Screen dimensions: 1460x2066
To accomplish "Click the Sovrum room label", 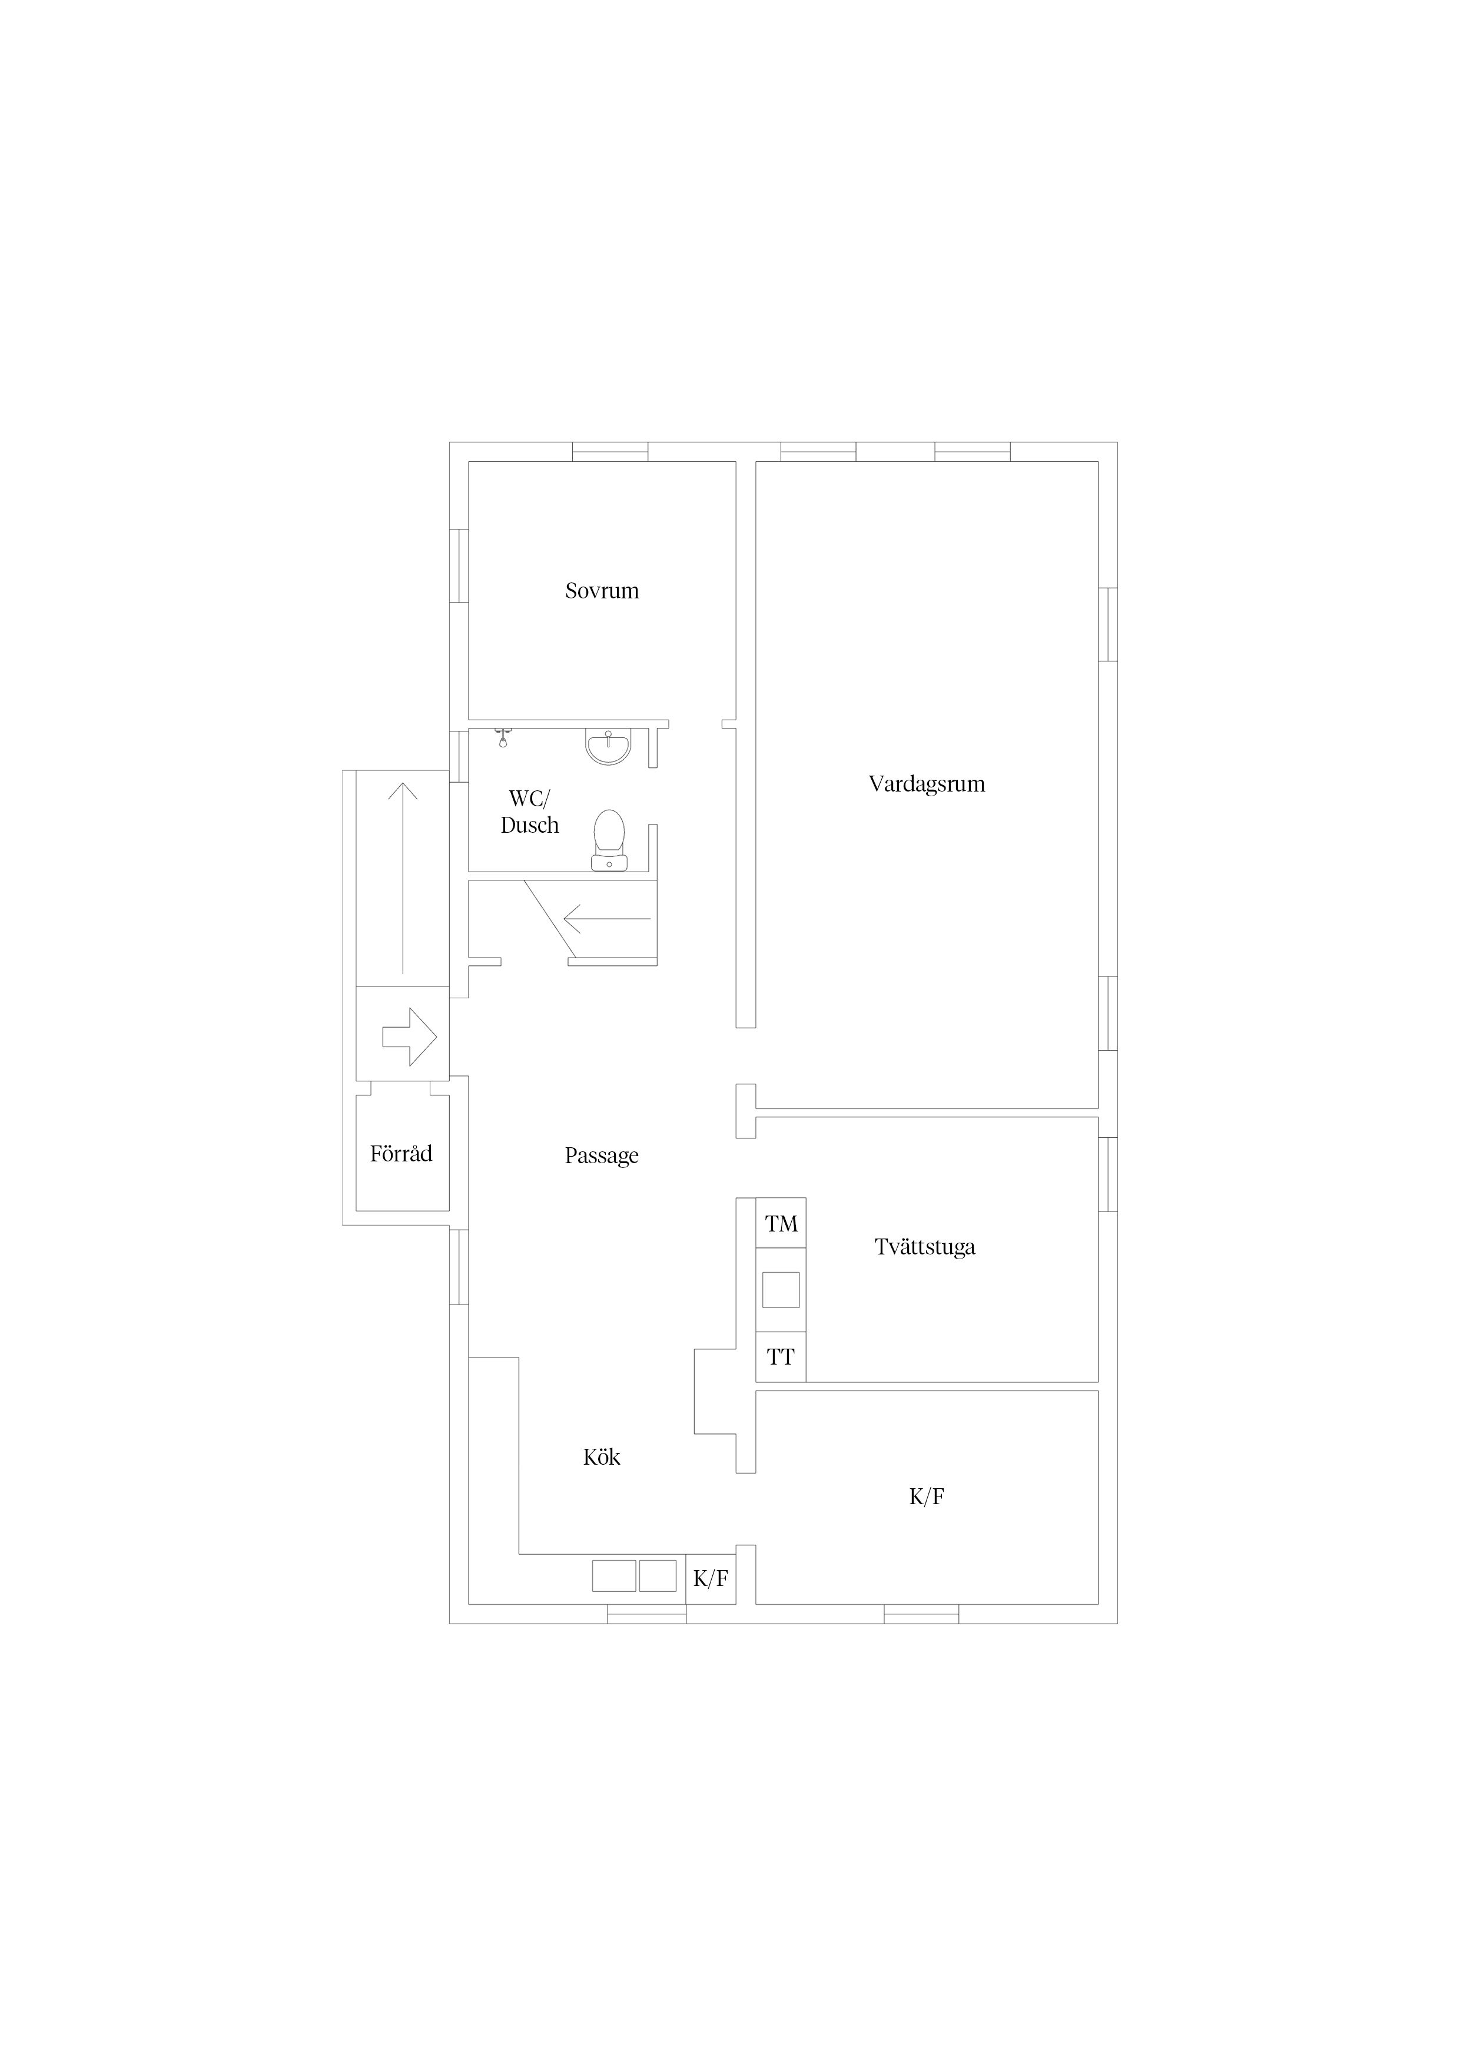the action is click(602, 591).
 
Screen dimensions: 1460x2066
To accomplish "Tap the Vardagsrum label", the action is click(927, 784).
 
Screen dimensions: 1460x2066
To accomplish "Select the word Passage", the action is click(602, 1156).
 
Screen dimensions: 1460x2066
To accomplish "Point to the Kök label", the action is click(602, 1457).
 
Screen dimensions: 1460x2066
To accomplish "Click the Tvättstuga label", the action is click(925, 1247).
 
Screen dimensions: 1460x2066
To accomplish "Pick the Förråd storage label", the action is click(401, 1154).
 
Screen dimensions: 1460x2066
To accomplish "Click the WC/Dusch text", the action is click(530, 812).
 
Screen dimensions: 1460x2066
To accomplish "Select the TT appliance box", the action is click(781, 1356).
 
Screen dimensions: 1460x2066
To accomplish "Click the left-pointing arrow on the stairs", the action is click(607, 919).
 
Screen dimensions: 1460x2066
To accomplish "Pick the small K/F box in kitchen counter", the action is click(711, 1578).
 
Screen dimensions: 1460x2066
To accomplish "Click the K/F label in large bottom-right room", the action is click(927, 1496).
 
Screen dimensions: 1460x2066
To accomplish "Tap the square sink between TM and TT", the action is click(781, 1289).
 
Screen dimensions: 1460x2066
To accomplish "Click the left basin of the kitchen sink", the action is click(613, 1575).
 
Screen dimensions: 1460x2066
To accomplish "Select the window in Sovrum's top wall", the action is click(610, 452).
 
